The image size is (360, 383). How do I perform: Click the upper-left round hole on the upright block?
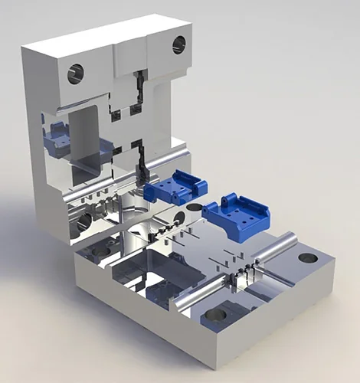tap(76, 74)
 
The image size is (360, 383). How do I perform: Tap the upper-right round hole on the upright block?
tap(179, 44)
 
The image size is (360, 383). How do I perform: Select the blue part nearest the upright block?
tap(177, 186)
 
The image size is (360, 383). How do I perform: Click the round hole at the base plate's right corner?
tap(308, 258)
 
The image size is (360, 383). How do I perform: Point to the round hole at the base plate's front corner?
tap(215, 314)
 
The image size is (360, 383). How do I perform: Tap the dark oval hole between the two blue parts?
tap(196, 207)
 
